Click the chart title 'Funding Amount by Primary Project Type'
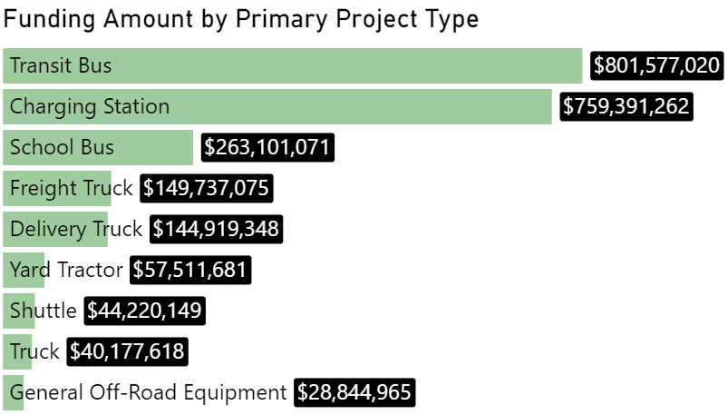(x=241, y=19)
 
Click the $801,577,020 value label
(x=657, y=65)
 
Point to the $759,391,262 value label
(x=626, y=106)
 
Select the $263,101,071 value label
(x=268, y=147)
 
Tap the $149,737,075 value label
(x=206, y=188)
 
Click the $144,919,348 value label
(x=216, y=229)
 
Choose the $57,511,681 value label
(x=189, y=270)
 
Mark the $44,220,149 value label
(x=145, y=311)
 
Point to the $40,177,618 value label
(x=127, y=351)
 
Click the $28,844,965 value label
(x=355, y=392)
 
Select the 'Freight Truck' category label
(x=71, y=188)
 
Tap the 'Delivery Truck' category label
(x=76, y=229)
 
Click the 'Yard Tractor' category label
(x=66, y=270)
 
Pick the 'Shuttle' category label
(x=44, y=311)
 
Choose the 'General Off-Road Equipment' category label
(x=148, y=392)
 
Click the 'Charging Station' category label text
(x=90, y=106)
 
